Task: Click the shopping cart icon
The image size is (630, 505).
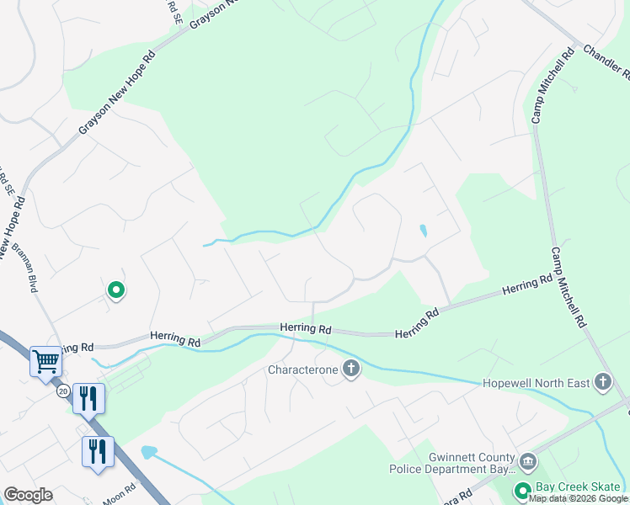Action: pyautogui.click(x=45, y=362)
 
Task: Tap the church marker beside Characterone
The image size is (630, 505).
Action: pyautogui.click(x=350, y=369)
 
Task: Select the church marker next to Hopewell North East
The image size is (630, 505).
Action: pyautogui.click(x=602, y=382)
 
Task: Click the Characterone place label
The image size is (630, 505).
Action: pyautogui.click(x=302, y=369)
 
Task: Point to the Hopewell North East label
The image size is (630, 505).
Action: pyautogui.click(x=536, y=383)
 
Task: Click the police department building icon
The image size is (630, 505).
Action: pyautogui.click(x=528, y=461)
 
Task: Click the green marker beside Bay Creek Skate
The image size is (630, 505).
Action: pyautogui.click(x=522, y=491)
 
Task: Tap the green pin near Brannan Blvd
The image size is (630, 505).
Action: pyautogui.click(x=116, y=290)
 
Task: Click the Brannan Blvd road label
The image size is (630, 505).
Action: pyautogui.click(x=24, y=268)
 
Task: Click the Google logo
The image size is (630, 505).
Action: pyautogui.click(x=28, y=495)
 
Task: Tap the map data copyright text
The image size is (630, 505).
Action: pyautogui.click(x=578, y=499)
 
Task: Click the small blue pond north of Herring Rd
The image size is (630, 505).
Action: pyautogui.click(x=423, y=230)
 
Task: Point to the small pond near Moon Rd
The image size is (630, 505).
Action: pyautogui.click(x=148, y=452)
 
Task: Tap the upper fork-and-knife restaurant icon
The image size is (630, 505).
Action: pyautogui.click(x=88, y=398)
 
